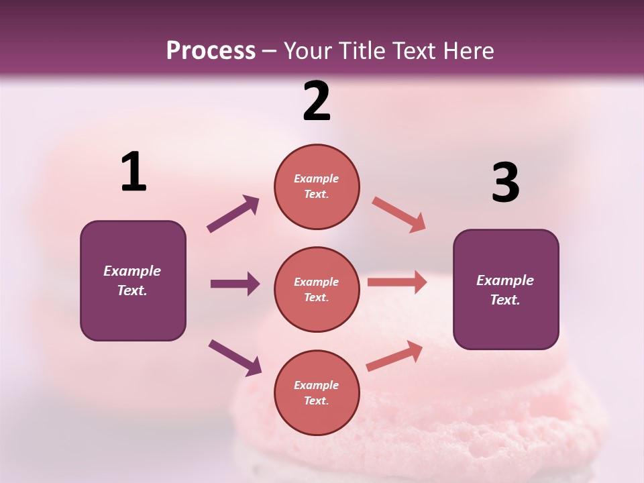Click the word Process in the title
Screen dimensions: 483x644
(211, 50)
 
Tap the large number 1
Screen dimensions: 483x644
(133, 172)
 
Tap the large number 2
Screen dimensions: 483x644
(317, 101)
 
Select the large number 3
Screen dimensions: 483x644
(505, 183)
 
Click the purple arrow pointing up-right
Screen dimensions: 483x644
(233, 214)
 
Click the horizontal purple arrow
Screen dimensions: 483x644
(235, 284)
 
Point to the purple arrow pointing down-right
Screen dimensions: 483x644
(235, 358)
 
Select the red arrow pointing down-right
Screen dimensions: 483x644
(399, 215)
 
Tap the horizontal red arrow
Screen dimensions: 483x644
(397, 282)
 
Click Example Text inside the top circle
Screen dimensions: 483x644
(317, 186)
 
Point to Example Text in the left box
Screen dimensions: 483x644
(133, 280)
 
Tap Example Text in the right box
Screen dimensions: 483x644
(506, 290)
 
